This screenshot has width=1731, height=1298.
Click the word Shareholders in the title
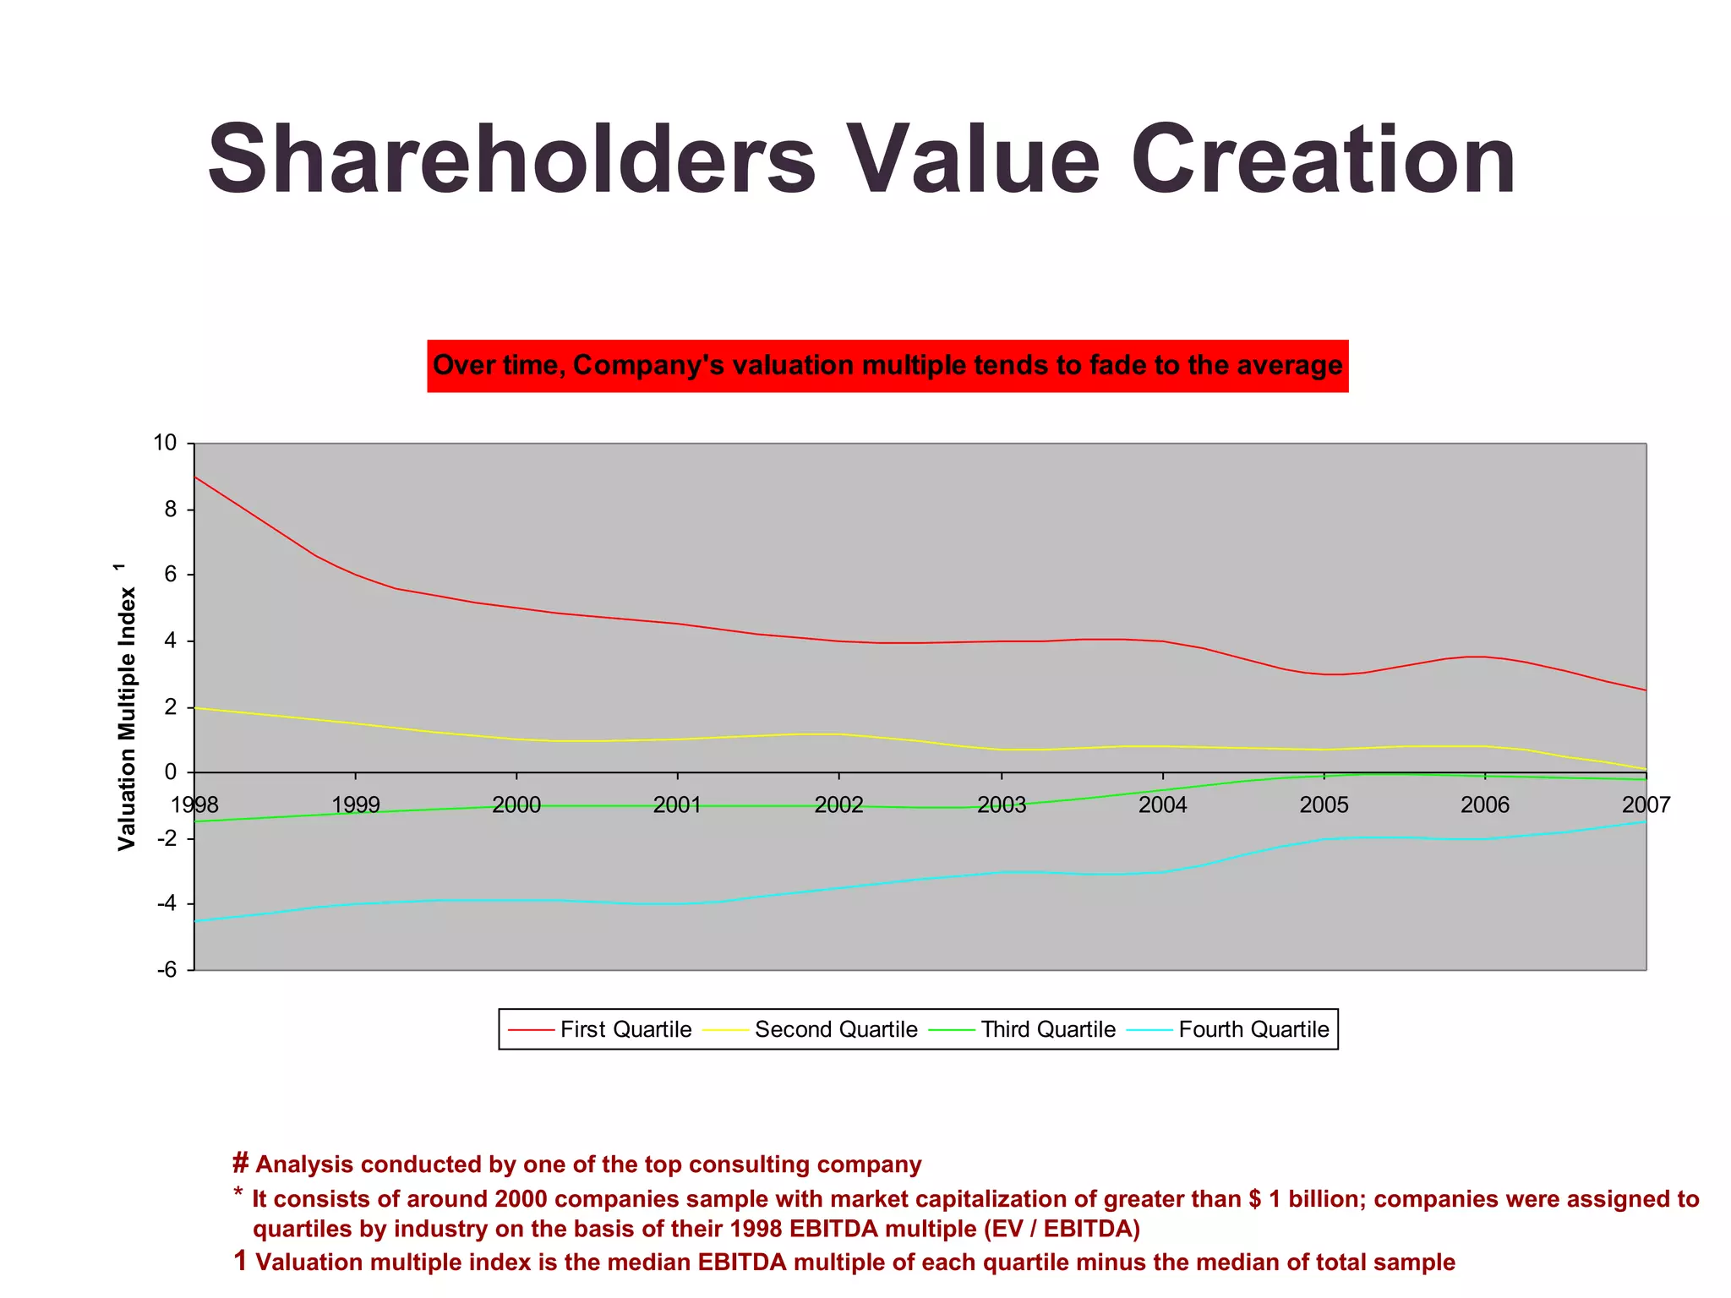511,161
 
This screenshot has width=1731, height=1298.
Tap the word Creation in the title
1323,161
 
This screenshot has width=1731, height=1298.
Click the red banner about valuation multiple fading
887,366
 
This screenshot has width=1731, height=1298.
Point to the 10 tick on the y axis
165,443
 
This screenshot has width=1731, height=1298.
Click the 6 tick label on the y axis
171,575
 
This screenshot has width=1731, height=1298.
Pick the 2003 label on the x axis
1002,804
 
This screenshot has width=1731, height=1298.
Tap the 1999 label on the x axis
356,804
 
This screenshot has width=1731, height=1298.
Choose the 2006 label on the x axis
1485,804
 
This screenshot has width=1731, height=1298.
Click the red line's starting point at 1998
195,477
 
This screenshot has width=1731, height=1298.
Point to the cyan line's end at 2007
1645,821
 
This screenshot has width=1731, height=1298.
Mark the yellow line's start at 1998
195,708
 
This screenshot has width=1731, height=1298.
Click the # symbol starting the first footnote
240,1164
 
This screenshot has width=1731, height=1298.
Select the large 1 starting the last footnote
240,1261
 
